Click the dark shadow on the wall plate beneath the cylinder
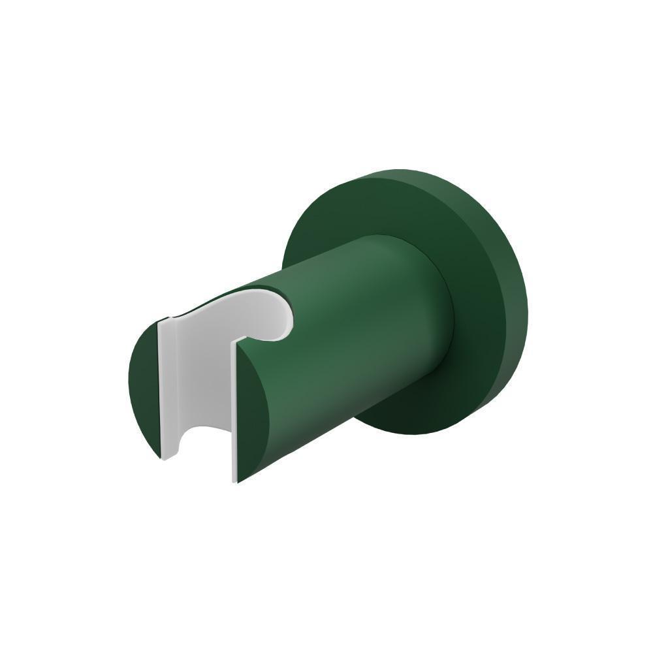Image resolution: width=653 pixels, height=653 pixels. coord(405,405)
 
